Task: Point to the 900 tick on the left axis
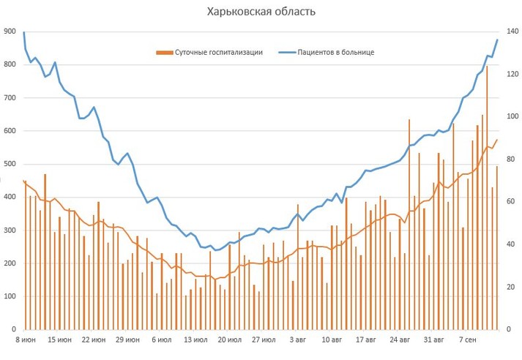10,31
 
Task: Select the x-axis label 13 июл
196,340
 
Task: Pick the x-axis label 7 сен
469,340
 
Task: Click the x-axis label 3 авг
297,340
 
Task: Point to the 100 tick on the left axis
10,296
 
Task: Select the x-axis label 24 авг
400,340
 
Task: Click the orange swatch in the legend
163,53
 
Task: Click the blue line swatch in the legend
285,53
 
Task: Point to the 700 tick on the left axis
10,97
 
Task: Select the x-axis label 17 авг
366,340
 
